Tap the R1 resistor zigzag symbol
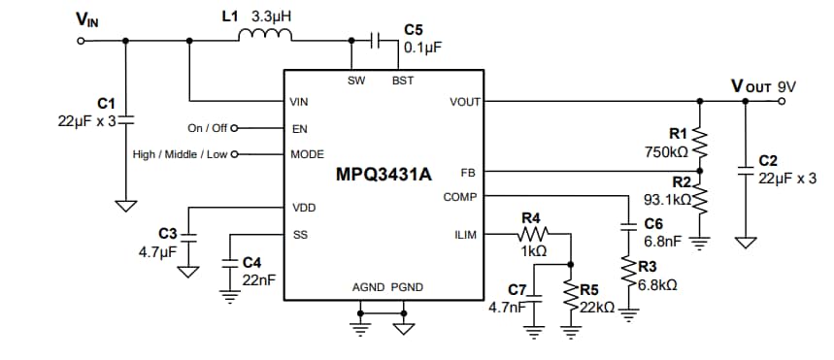pyautogui.click(x=698, y=143)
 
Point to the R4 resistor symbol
pyautogui.click(x=532, y=234)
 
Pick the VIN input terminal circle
pyautogui.click(x=82, y=41)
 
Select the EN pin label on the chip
pyautogui.click(x=299, y=127)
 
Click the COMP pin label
pyautogui.click(x=460, y=197)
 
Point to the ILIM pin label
pyautogui.click(x=465, y=234)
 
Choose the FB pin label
pyautogui.click(x=468, y=172)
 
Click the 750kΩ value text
pyautogui.click(x=666, y=152)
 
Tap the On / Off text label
pyautogui.click(x=207, y=127)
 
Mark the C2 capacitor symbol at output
pyautogui.click(x=745, y=173)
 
